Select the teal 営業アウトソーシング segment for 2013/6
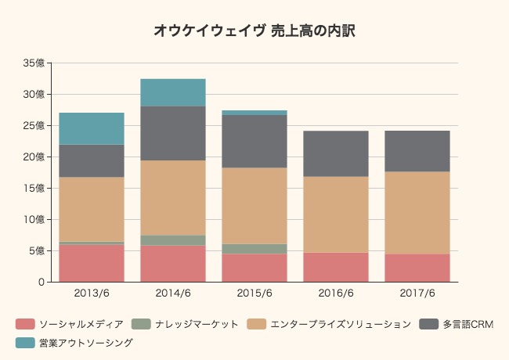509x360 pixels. click(92, 128)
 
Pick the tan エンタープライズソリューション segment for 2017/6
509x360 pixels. click(417, 212)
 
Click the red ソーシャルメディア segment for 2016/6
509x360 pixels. click(336, 267)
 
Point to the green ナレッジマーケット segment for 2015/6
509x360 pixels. click(254, 249)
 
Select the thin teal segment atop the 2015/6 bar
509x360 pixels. click(254, 113)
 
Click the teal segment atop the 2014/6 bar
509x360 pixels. click(173, 92)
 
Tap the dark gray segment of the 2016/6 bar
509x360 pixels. click(336, 153)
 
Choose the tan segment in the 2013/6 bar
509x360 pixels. click(92, 209)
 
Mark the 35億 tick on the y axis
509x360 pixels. click(35, 63)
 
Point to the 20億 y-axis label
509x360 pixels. click(35, 157)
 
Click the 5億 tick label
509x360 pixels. click(38, 250)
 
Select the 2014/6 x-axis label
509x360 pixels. click(173, 293)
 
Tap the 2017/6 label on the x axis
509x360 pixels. click(417, 293)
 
